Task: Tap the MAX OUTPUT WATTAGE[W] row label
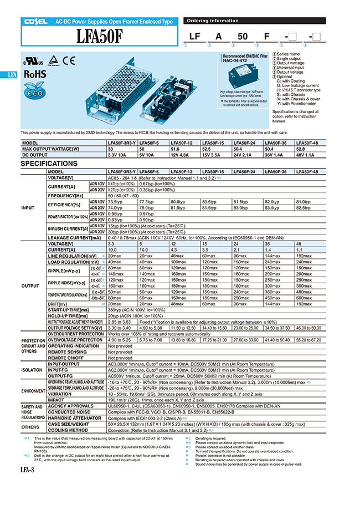pyautogui.click(x=54, y=149)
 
